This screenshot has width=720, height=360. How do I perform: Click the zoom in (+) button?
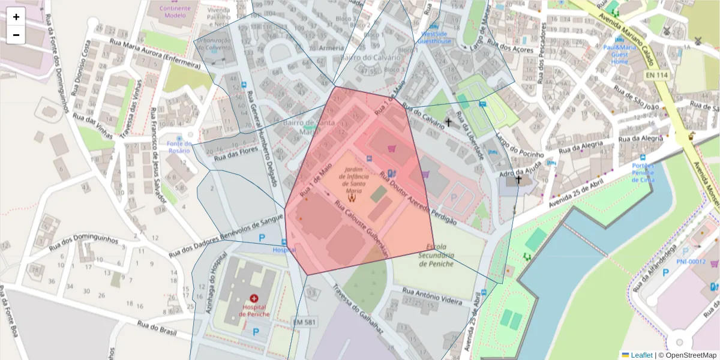16,17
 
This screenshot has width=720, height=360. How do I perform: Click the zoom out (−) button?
16,35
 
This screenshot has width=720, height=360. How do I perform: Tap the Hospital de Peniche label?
254,310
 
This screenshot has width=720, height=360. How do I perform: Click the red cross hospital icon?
254,298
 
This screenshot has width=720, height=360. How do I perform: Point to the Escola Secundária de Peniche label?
436,255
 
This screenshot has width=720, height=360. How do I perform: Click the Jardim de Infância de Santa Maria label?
353,178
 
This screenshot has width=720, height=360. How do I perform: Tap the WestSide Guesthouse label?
434,38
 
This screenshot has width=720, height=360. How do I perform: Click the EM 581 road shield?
304,322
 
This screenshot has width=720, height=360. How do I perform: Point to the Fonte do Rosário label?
179,147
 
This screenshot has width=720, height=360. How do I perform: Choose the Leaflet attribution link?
640,355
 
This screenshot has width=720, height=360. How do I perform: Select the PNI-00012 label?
691,261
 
